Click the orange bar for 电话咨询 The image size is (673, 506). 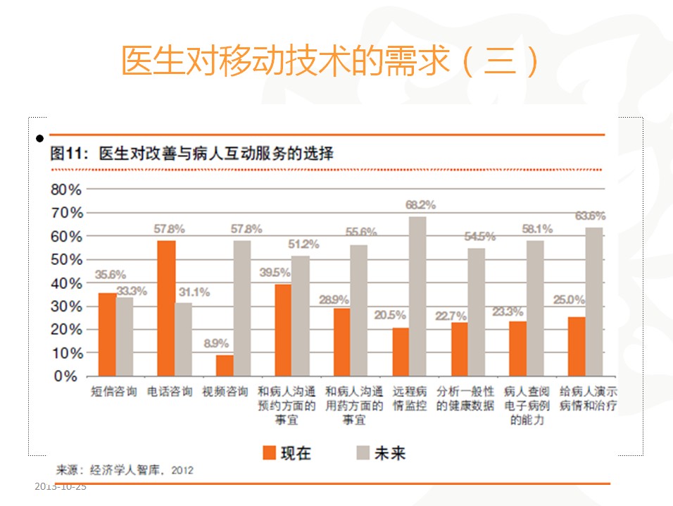point(167,308)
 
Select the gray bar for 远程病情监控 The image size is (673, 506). point(417,296)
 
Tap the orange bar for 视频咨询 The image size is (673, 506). point(225,365)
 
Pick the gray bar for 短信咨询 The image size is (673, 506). point(125,337)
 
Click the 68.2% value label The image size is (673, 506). point(420,205)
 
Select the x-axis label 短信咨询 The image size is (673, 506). point(113,392)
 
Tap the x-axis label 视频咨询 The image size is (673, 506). point(225,392)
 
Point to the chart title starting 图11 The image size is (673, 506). point(191,154)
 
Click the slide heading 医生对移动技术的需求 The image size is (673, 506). point(329,62)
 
